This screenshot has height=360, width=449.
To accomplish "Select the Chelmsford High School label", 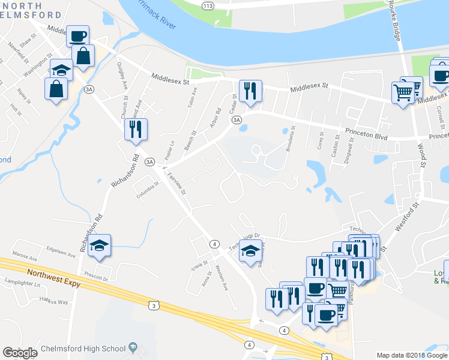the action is click(83, 349).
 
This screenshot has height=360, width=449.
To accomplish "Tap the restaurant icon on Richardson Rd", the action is click(136, 129).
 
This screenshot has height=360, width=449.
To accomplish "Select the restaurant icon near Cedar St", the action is click(249, 90).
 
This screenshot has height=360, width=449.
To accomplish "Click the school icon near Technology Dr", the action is click(250, 250).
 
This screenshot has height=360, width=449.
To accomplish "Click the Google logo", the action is click(20, 352).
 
